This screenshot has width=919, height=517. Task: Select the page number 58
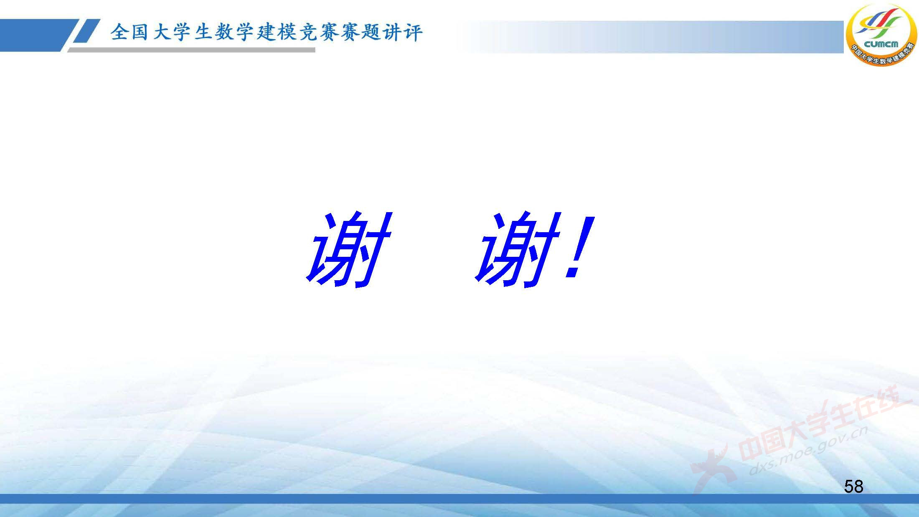tap(853, 487)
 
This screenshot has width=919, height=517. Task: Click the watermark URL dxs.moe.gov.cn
tap(808, 451)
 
